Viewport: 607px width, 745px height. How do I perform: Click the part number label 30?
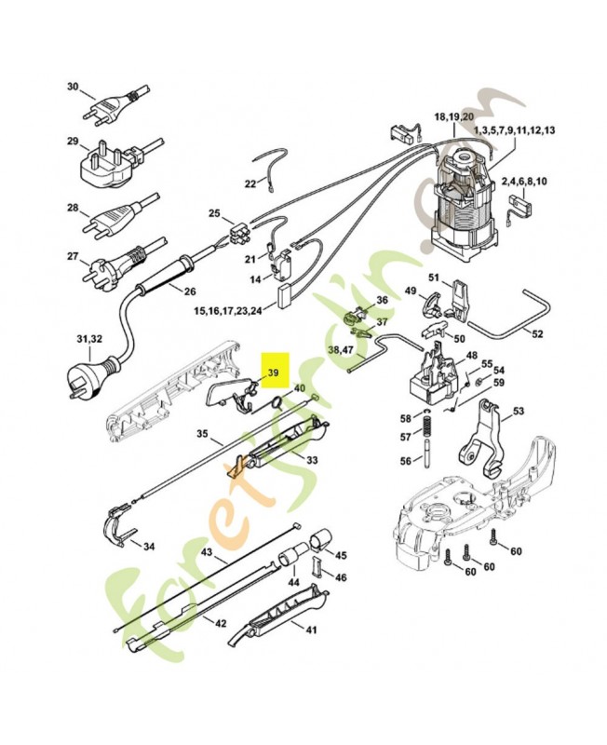coord(74,87)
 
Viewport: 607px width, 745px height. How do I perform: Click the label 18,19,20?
coord(452,117)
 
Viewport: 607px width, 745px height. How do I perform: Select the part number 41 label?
coord(311,630)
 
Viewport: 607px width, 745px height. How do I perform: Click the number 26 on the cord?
coord(190,291)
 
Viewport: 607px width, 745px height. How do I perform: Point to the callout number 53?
coord(519,411)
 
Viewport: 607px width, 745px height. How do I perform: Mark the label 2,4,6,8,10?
coord(523,181)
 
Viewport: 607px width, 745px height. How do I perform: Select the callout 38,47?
coord(341,349)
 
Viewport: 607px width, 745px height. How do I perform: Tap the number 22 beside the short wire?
coord(250,183)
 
